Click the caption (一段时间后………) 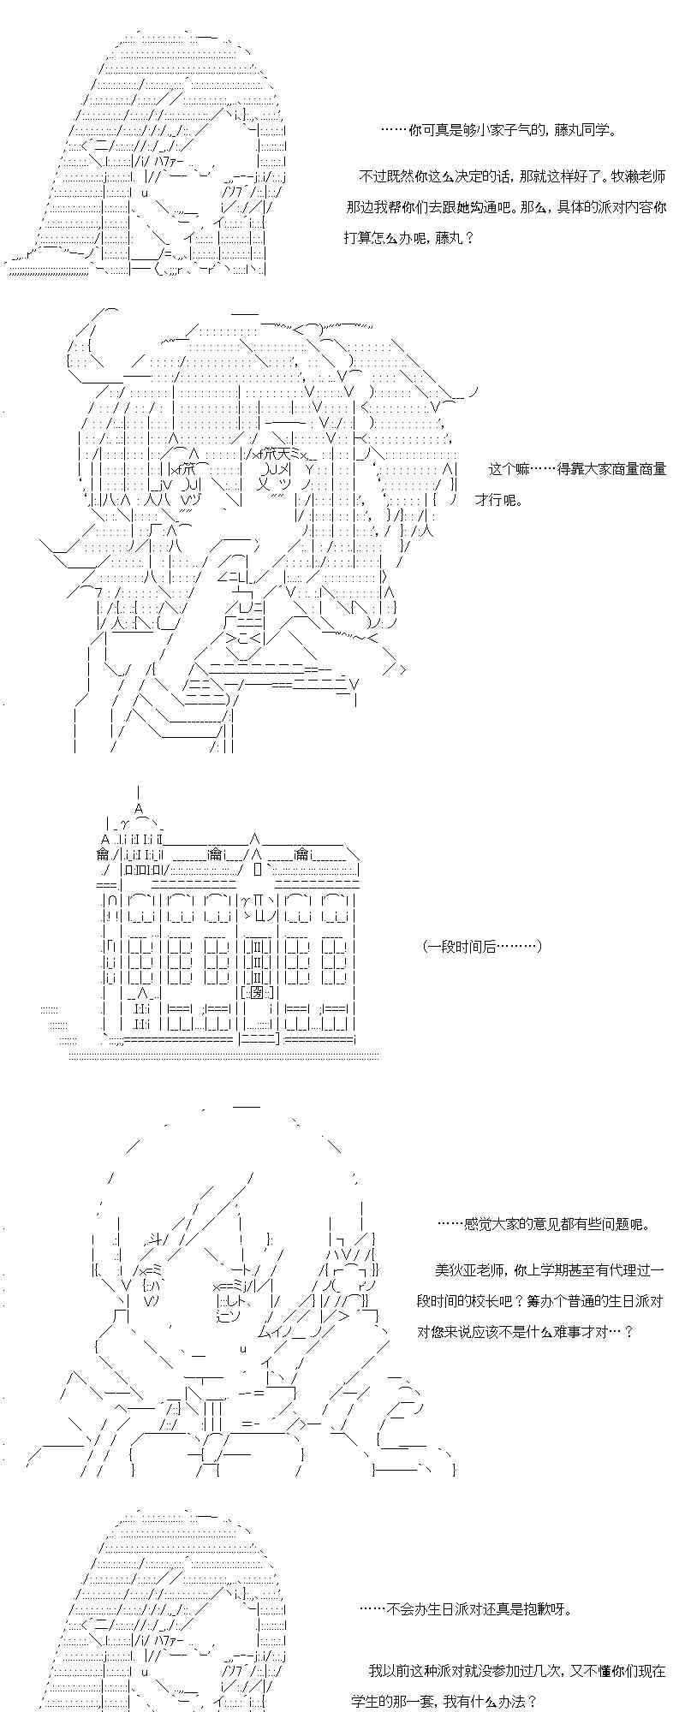coord(481,946)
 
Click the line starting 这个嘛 coord(577,469)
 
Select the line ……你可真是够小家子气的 coord(497,130)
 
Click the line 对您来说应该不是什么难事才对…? coord(526,1332)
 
